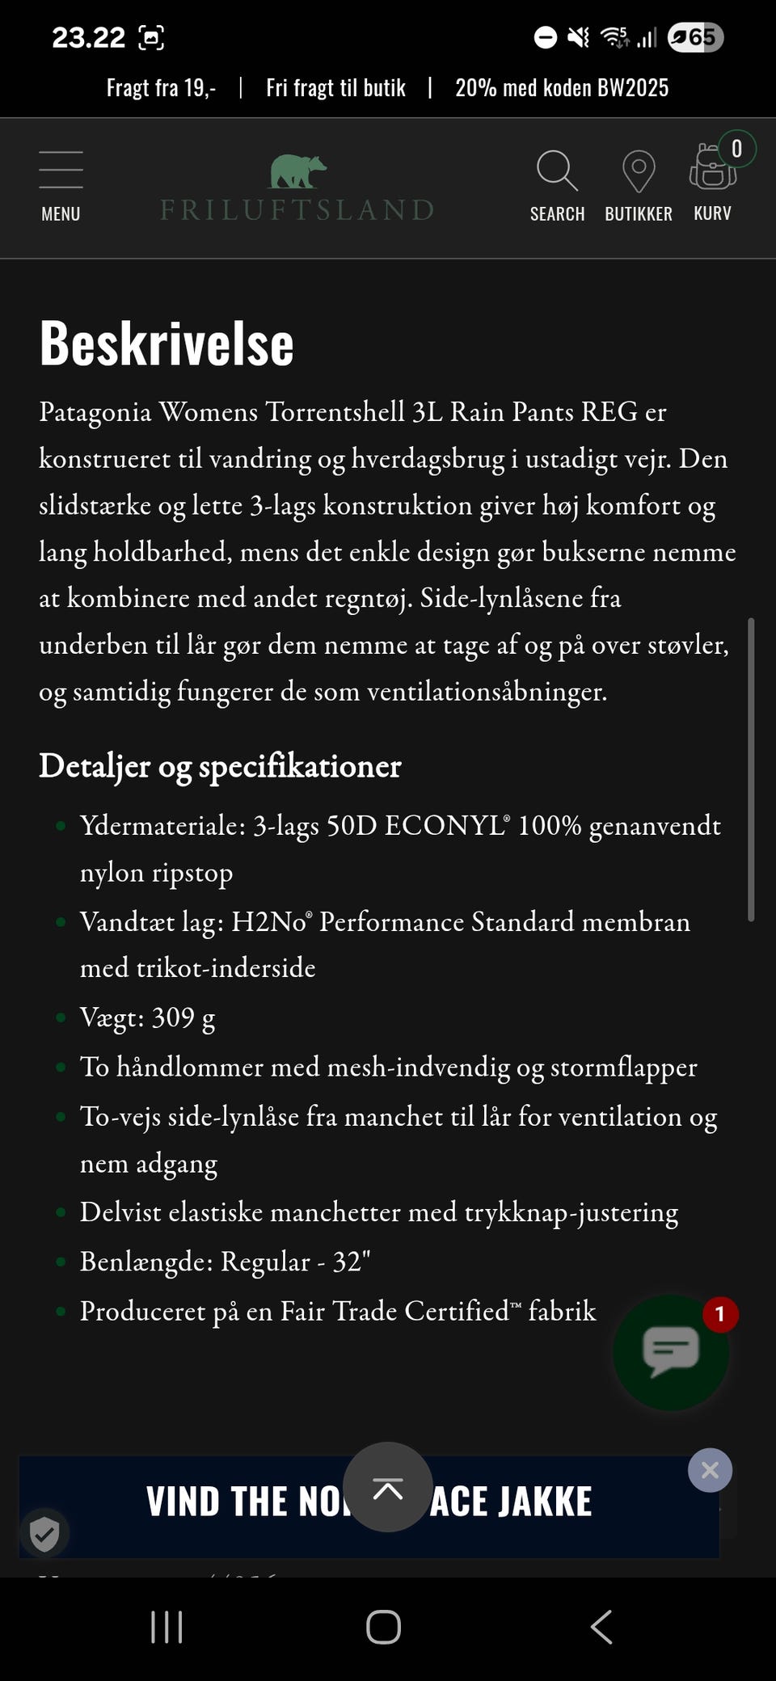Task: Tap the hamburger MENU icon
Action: click(x=61, y=170)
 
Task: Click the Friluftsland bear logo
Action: click(x=297, y=171)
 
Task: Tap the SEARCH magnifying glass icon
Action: click(x=557, y=171)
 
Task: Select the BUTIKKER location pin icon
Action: click(x=638, y=171)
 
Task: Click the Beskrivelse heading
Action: click(x=167, y=343)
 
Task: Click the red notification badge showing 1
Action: click(x=719, y=1315)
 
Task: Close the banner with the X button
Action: click(x=710, y=1470)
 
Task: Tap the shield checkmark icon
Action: click(x=44, y=1532)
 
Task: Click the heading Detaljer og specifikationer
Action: click(x=220, y=766)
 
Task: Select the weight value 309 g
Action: click(x=183, y=1017)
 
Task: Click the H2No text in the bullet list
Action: click(x=270, y=922)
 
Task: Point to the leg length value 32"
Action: click(x=352, y=1262)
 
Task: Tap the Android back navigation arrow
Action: click(x=601, y=1626)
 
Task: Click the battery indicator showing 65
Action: click(x=695, y=37)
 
